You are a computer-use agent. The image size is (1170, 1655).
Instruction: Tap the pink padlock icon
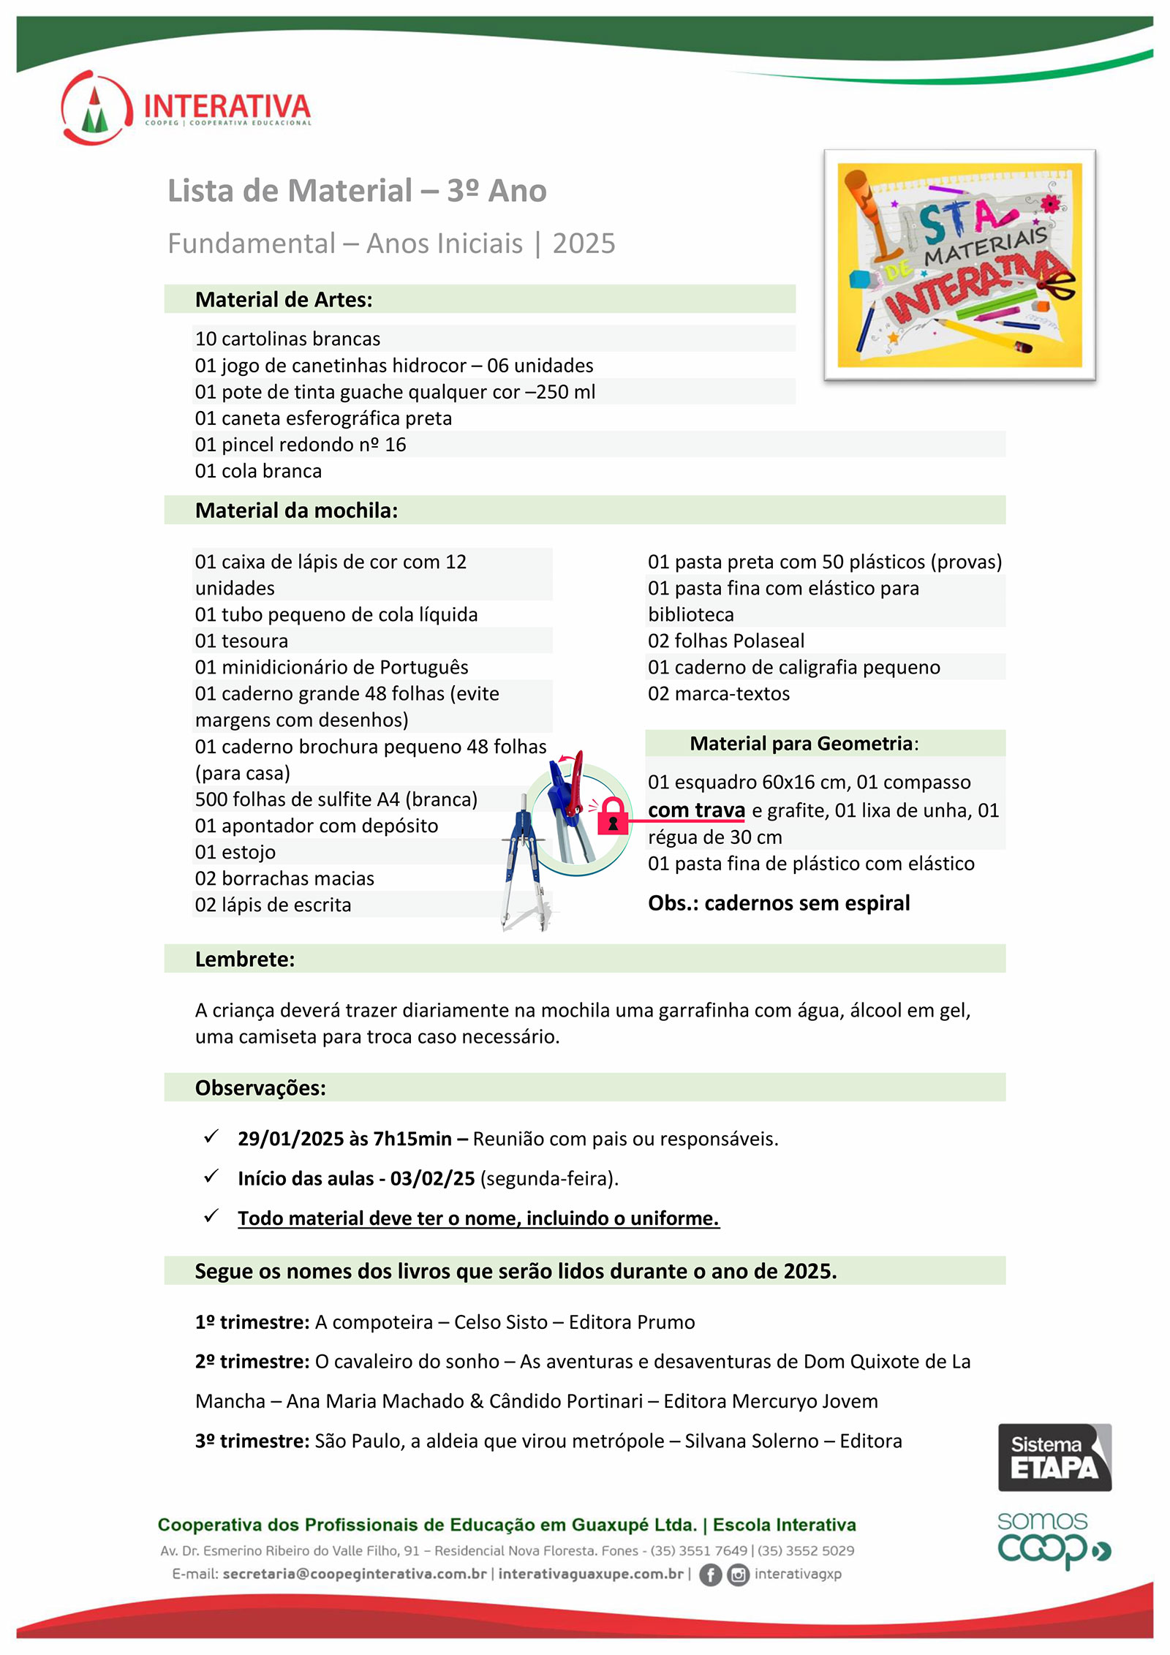613,817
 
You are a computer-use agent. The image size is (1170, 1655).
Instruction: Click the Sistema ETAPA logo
1054,1457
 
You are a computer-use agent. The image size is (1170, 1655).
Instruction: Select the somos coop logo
1053,1539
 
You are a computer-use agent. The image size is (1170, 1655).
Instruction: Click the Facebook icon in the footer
710,1575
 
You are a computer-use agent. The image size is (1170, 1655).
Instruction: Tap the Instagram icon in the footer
739,1575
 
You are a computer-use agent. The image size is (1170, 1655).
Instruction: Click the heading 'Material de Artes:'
284,300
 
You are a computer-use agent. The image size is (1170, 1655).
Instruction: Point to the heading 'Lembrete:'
245,959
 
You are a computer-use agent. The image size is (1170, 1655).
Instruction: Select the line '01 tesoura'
241,641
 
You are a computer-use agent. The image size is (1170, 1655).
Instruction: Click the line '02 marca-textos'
719,693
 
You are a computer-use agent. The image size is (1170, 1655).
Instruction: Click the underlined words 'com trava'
696,810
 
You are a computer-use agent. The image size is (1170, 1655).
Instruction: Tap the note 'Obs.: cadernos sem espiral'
779,903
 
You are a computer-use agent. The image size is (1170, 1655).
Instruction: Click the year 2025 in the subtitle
584,244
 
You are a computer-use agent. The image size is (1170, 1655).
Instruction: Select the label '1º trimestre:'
252,1322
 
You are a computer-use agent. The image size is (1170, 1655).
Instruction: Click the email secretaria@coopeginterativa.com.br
355,1574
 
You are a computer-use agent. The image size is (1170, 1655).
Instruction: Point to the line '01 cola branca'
258,471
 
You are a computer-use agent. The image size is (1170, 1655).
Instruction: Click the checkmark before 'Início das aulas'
211,1176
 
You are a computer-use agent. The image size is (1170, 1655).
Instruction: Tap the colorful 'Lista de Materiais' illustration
959,265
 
